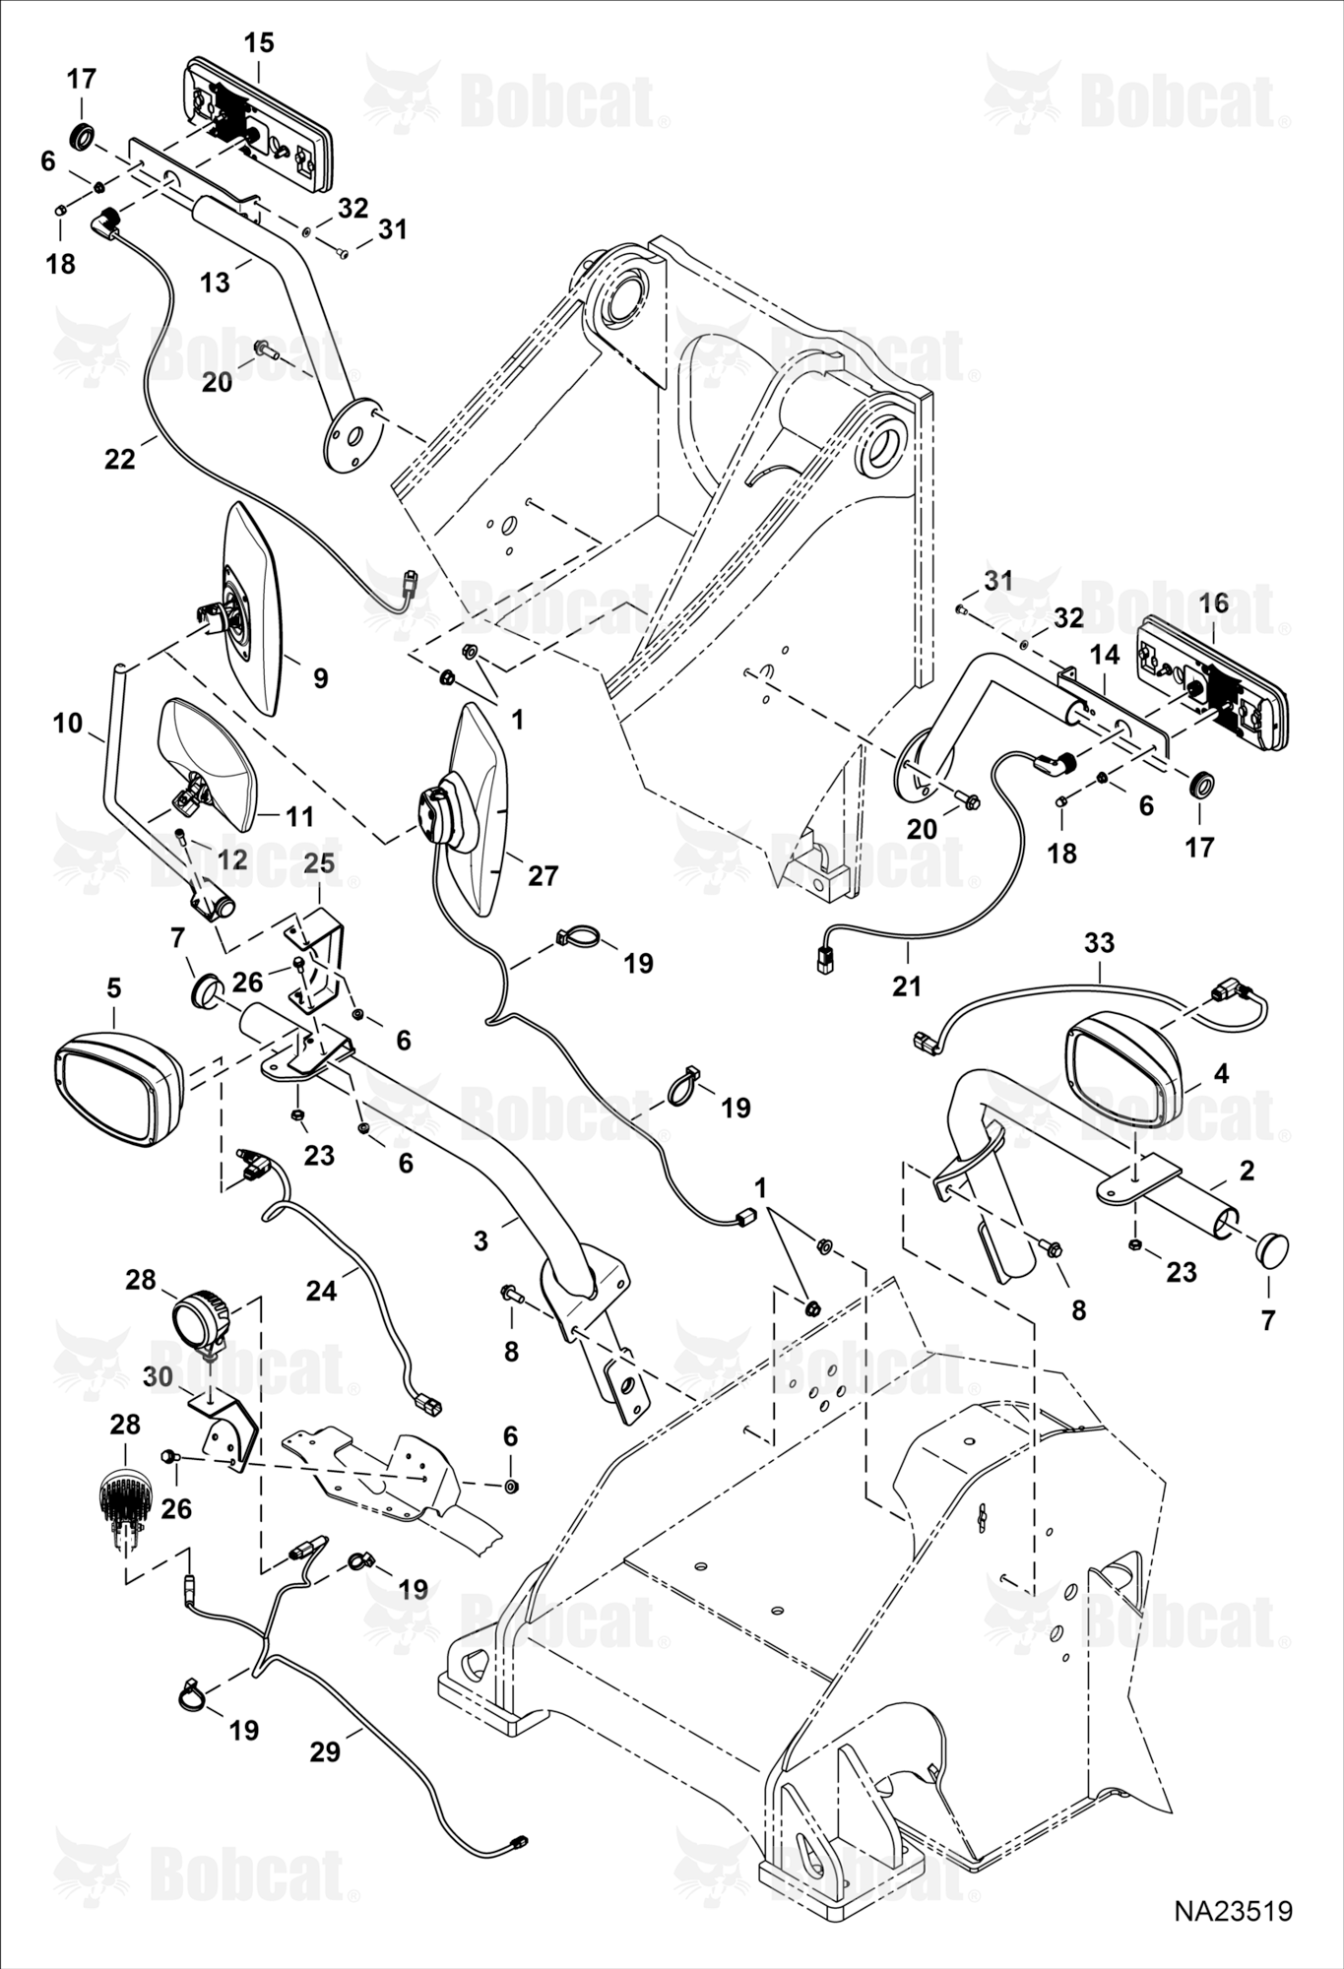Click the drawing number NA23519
click(x=1232, y=1912)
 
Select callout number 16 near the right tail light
click(x=1213, y=603)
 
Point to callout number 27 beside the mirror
click(x=543, y=875)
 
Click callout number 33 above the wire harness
click(x=1099, y=943)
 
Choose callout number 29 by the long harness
click(x=325, y=1752)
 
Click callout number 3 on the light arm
click(x=480, y=1241)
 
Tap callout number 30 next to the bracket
click(x=159, y=1376)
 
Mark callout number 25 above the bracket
click(x=319, y=863)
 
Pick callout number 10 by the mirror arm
click(x=67, y=724)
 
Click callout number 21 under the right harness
click(x=907, y=984)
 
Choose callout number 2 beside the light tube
click(x=1248, y=1171)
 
